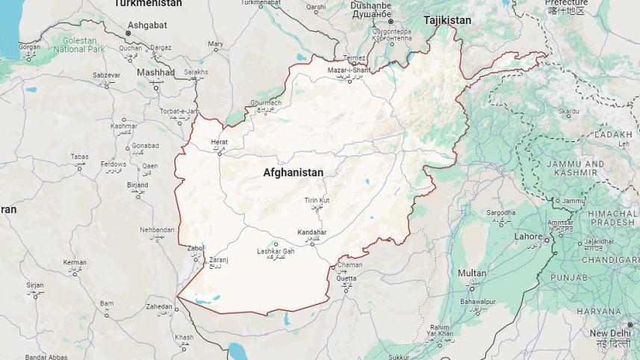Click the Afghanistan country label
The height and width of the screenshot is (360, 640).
coord(293,173)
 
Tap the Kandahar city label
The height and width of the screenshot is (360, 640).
coord(312,232)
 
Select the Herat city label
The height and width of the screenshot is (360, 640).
coord(219,142)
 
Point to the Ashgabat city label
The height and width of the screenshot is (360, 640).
coord(146,25)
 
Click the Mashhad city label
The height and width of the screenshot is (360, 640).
coord(155,72)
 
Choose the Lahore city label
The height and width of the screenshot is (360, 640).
coord(529,236)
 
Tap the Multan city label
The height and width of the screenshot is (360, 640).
coord(472,273)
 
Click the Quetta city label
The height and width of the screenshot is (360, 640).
coord(346,279)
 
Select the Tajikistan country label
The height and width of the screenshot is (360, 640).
coord(447,20)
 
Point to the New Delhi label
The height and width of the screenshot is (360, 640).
coord(609,333)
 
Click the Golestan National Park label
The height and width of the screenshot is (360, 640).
coord(79,44)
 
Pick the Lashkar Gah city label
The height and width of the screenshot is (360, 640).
coord(276,252)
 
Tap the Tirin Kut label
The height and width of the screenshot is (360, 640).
coord(317,200)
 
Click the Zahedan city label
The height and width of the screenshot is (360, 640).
coord(159,306)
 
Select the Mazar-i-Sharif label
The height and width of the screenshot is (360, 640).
coord(349,70)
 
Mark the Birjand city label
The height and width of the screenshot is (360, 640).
coord(137,184)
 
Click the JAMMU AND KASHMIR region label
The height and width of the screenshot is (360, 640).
coord(576,167)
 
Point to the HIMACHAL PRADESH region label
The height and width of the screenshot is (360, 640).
coord(612,217)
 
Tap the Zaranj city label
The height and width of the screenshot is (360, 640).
coord(218,260)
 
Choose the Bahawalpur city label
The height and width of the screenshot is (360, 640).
coord(478,302)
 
